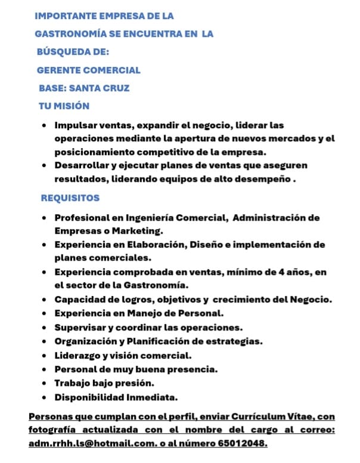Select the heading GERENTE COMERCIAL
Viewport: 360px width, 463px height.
click(x=89, y=70)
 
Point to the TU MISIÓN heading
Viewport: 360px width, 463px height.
click(x=64, y=106)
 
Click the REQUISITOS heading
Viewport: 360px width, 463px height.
click(x=70, y=197)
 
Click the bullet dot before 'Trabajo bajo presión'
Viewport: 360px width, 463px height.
click(x=45, y=383)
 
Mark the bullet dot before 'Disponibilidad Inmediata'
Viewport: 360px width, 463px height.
click(x=45, y=397)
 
